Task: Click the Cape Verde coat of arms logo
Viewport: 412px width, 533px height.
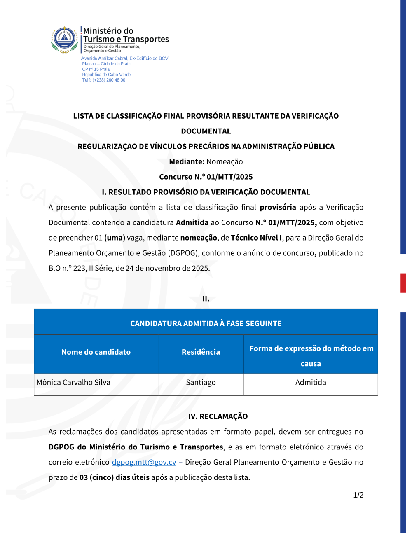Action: click(x=64, y=40)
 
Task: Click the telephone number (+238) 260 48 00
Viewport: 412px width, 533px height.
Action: click(x=109, y=80)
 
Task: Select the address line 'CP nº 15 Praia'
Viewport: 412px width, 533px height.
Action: click(x=96, y=69)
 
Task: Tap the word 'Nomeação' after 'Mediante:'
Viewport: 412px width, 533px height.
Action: click(x=225, y=161)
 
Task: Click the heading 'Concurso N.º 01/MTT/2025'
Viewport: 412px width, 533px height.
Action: click(x=206, y=177)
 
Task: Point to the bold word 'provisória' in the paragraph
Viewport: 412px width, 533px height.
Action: click(x=278, y=207)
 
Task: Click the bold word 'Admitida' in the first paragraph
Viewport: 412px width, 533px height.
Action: click(x=192, y=222)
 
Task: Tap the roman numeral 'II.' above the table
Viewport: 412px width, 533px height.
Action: click(x=206, y=299)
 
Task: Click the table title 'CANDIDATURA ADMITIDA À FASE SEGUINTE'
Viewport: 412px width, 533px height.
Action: click(x=206, y=323)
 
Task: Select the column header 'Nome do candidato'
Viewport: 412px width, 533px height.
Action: click(x=96, y=352)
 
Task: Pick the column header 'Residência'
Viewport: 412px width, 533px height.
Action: click(x=201, y=352)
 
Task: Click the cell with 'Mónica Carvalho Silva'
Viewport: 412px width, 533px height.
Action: click(x=73, y=382)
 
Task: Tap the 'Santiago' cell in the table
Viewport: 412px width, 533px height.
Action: click(x=201, y=382)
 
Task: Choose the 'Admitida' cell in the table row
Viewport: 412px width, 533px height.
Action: click(x=311, y=382)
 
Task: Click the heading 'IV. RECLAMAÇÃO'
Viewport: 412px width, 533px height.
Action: click(x=218, y=416)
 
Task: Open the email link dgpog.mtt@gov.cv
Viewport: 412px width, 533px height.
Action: click(x=144, y=462)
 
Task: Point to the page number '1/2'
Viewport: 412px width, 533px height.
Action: click(x=358, y=495)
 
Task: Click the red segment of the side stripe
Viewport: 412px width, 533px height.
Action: click(x=403, y=283)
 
